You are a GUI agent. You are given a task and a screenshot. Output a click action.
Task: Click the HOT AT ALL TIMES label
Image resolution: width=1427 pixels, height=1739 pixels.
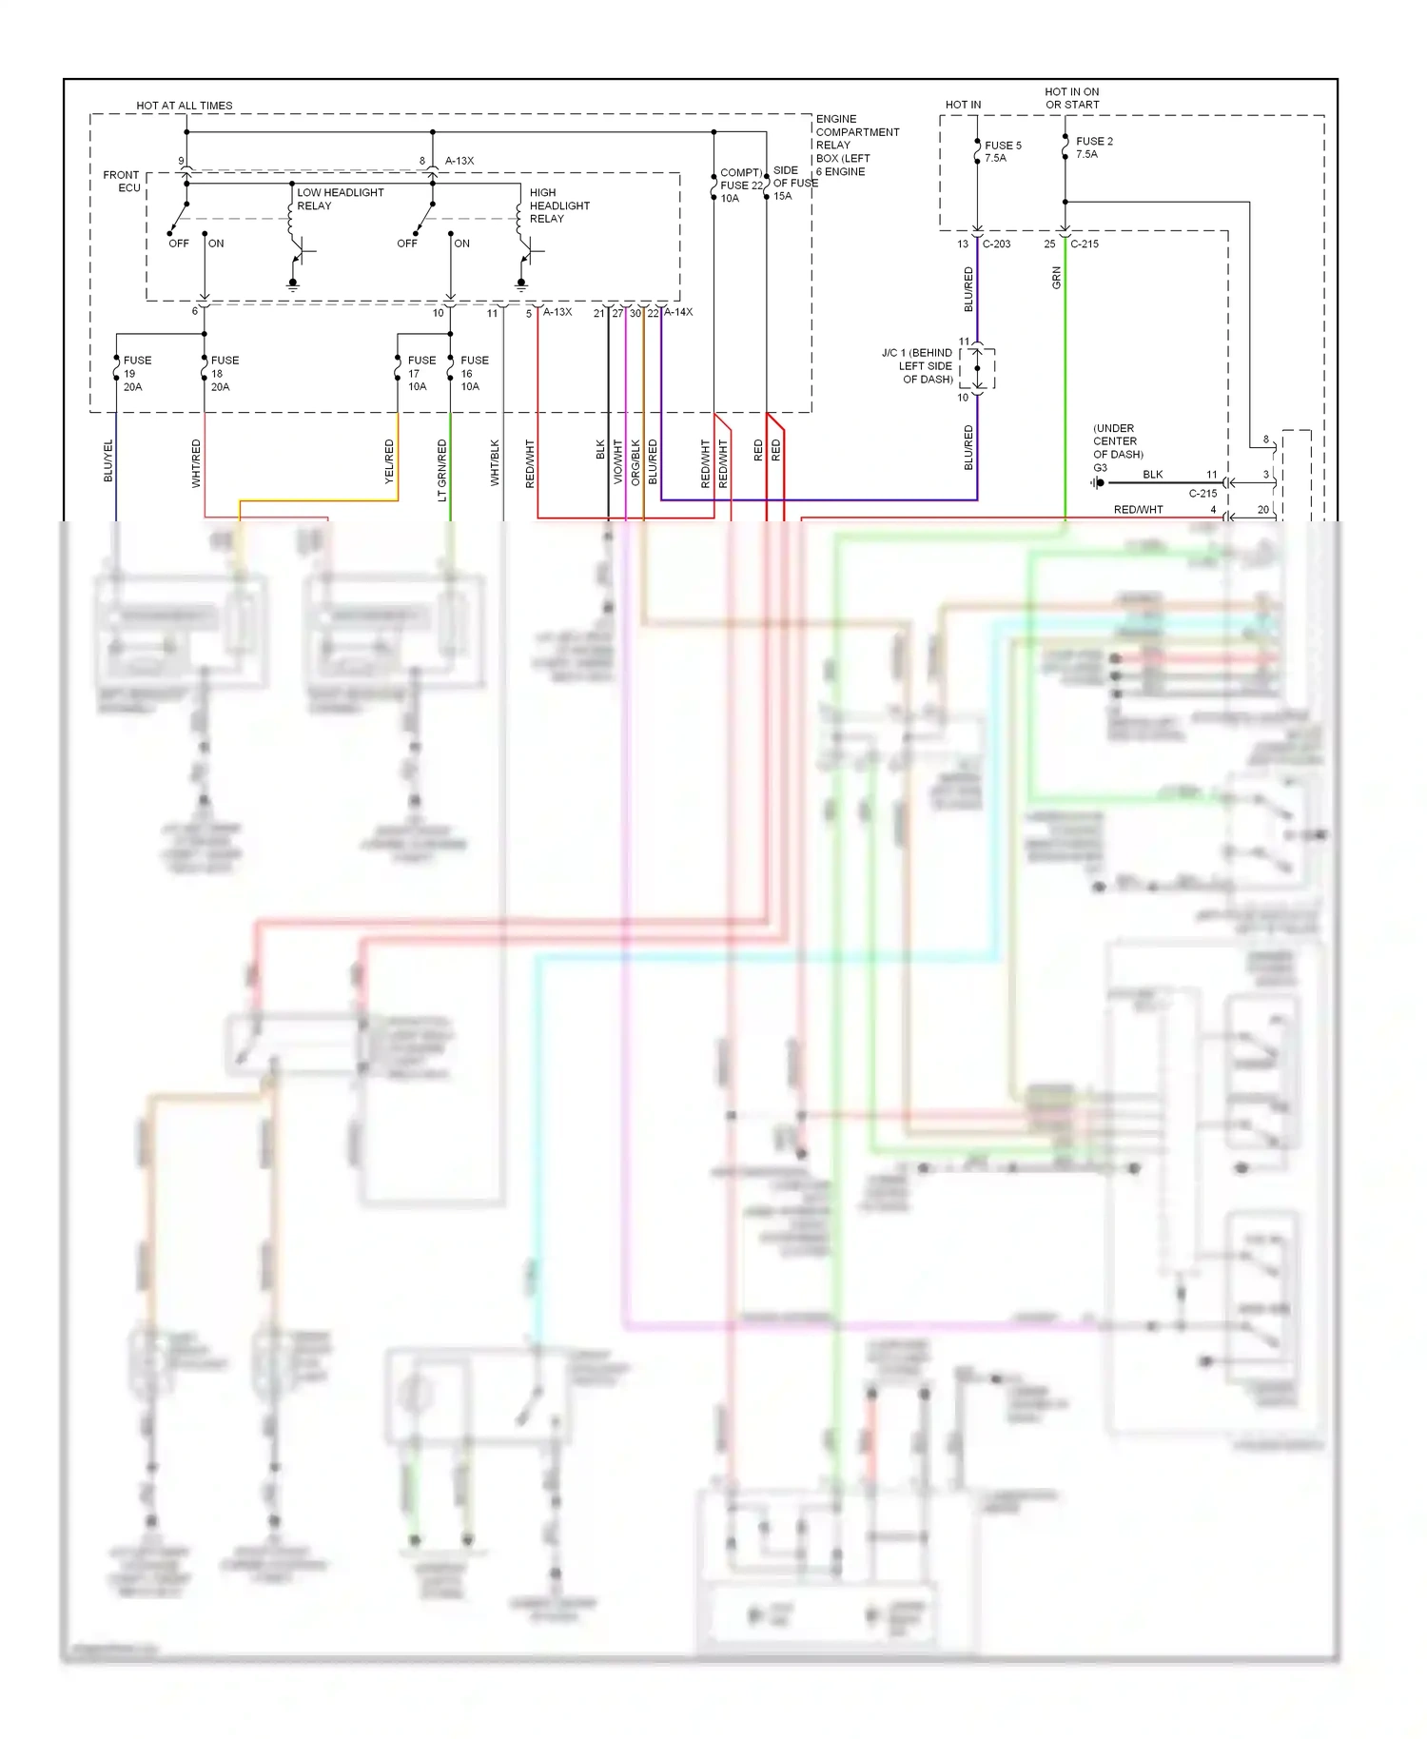(x=184, y=106)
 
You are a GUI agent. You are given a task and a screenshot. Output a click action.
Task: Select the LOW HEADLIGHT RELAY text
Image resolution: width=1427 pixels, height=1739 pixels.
(x=340, y=199)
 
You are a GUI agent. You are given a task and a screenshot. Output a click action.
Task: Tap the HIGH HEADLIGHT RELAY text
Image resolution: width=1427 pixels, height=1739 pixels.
(x=559, y=205)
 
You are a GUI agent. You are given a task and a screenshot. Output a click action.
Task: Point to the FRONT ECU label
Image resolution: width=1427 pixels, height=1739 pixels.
(x=122, y=181)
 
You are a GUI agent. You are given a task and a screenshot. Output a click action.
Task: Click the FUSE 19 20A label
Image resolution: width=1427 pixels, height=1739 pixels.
(x=137, y=373)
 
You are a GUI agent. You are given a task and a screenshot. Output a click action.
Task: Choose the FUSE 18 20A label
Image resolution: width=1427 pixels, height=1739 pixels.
(x=225, y=373)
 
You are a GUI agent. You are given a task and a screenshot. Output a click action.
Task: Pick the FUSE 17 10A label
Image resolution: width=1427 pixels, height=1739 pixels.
(x=421, y=373)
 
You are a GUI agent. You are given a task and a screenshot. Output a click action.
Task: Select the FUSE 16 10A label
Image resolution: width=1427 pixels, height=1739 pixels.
(x=474, y=373)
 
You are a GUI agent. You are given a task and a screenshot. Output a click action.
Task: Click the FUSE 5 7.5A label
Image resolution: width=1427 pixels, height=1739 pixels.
(x=1003, y=151)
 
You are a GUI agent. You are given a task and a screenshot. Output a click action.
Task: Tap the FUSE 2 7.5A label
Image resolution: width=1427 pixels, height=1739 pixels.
(x=1094, y=147)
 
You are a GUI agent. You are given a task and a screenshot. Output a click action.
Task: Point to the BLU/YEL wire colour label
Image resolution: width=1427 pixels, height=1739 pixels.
(x=108, y=461)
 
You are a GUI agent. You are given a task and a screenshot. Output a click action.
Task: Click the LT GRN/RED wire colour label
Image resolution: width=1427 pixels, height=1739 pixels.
(x=441, y=470)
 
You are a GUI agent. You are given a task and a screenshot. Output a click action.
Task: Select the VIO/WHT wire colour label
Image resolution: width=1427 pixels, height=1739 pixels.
(x=617, y=461)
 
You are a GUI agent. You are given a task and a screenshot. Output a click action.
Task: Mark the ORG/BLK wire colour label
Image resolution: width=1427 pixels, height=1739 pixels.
(x=635, y=461)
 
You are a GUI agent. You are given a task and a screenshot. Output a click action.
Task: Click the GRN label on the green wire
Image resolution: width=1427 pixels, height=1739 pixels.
(x=1056, y=278)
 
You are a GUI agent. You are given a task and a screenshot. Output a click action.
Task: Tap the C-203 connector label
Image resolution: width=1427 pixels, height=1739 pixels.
(x=996, y=244)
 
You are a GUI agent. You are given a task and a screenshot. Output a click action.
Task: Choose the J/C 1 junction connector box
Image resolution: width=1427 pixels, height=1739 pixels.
(x=977, y=368)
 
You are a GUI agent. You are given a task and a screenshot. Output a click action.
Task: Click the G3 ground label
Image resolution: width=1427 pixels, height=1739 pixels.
(x=1100, y=468)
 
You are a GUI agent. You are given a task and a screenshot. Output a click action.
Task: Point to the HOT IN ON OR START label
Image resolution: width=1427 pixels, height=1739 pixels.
(x=1072, y=98)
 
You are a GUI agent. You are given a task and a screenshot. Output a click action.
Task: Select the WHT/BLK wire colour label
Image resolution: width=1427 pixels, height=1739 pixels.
(x=495, y=462)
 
